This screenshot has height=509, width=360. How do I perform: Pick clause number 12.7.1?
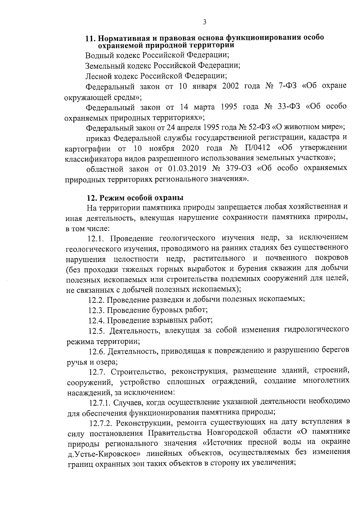100,402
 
